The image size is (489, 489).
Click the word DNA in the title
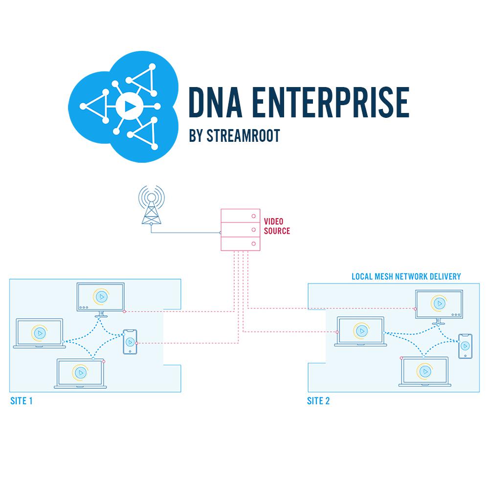coord(216,102)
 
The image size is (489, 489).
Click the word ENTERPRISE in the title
coord(330,102)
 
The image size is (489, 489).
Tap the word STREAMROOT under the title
coord(243,135)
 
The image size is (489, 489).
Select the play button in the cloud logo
coord(129,106)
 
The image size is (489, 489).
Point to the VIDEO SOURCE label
coord(277,226)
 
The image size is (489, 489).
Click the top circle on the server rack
coord(253,216)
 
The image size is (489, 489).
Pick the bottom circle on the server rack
coord(253,244)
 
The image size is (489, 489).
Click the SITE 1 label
coord(22,401)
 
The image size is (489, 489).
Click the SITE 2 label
coord(318,401)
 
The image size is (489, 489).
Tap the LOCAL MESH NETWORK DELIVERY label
coord(406,276)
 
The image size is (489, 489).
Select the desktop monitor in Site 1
coord(101,300)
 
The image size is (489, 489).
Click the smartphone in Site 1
coord(130,342)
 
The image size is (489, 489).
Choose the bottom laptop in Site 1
coord(81,373)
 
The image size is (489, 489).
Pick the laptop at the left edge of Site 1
coord(40,333)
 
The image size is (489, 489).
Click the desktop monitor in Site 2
coord(439,307)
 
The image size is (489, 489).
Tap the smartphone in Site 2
coord(465,346)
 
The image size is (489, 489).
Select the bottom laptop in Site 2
coord(425,372)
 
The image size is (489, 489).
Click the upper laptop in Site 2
coord(360,331)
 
